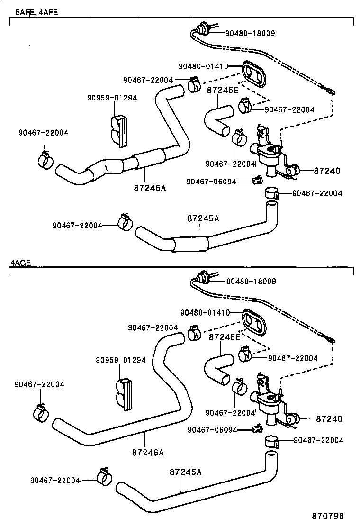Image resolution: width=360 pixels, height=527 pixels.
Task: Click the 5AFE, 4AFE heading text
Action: (36, 12)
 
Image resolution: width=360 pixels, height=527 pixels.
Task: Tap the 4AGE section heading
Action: (20, 263)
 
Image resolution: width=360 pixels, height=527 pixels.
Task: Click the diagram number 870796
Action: (328, 516)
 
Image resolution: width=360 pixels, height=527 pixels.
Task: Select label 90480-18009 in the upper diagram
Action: (250, 33)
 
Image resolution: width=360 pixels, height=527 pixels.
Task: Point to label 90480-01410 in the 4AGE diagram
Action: (205, 313)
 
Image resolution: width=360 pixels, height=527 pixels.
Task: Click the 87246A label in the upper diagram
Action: (150, 188)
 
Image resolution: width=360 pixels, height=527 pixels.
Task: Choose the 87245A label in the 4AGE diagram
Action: (185, 472)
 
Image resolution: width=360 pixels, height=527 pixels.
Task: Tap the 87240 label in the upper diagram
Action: (327, 171)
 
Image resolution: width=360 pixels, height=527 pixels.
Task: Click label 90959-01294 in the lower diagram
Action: (121, 360)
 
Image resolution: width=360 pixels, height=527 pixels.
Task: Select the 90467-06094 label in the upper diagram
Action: (211, 182)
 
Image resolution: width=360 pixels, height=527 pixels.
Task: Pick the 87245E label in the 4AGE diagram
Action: (225, 337)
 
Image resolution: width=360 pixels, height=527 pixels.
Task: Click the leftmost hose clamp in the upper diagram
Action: (45, 159)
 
